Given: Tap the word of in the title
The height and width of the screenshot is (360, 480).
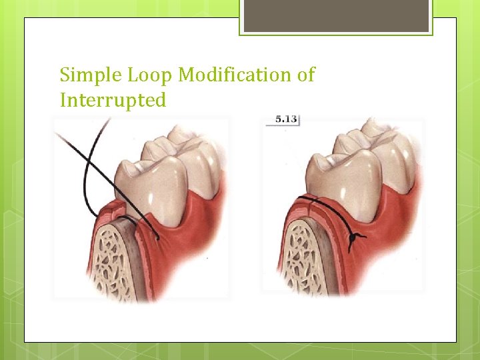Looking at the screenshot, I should pos(306,75).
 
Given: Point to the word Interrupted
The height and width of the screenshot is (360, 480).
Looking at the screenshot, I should pos(113,100).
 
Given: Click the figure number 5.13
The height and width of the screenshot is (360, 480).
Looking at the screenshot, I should pos(287,120).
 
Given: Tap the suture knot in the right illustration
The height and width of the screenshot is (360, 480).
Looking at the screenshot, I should pos(353,237).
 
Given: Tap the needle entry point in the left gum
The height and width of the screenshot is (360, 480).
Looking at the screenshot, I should pos(157,237).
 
